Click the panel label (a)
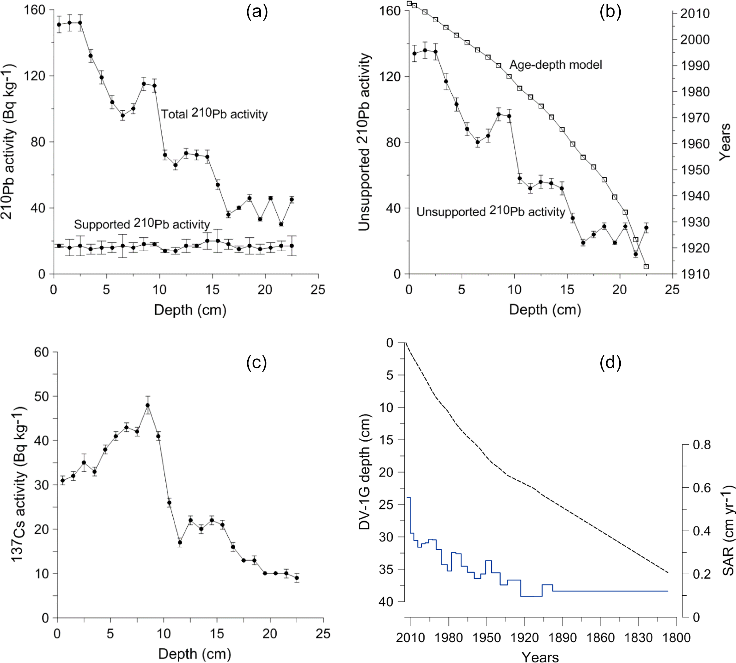(257, 12)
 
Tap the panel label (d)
(610, 362)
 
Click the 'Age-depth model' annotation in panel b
(556, 65)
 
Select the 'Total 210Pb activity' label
(214, 114)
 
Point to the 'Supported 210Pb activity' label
(142, 224)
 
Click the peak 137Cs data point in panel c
(148, 405)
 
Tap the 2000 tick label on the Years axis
(695, 39)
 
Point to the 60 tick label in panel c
(41, 352)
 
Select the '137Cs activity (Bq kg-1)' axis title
(18, 484)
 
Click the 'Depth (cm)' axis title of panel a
(190, 310)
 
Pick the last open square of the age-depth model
(646, 266)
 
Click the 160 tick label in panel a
(34, 10)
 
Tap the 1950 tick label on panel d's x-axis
(487, 638)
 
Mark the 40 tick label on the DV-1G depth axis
(386, 602)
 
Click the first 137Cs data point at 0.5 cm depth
(63, 481)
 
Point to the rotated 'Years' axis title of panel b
(725, 142)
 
